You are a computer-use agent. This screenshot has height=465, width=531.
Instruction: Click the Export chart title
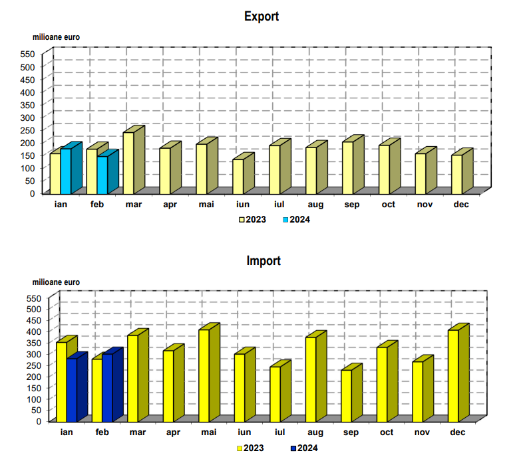(x=261, y=17)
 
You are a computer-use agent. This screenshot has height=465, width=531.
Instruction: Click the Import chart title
(x=264, y=261)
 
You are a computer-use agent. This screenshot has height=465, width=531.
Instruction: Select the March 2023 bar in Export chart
(x=128, y=163)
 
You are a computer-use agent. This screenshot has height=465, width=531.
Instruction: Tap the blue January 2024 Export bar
(x=66, y=171)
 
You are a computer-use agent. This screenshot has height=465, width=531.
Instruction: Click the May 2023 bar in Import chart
(x=204, y=375)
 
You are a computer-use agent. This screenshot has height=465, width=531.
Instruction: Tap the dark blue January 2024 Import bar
(x=72, y=390)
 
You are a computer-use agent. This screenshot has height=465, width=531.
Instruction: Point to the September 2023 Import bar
(x=346, y=395)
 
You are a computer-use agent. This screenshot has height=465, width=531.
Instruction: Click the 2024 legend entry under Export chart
(x=296, y=220)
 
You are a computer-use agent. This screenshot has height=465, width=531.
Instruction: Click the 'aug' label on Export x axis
(x=315, y=205)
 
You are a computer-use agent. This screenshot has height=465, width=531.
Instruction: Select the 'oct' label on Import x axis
(x=387, y=432)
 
